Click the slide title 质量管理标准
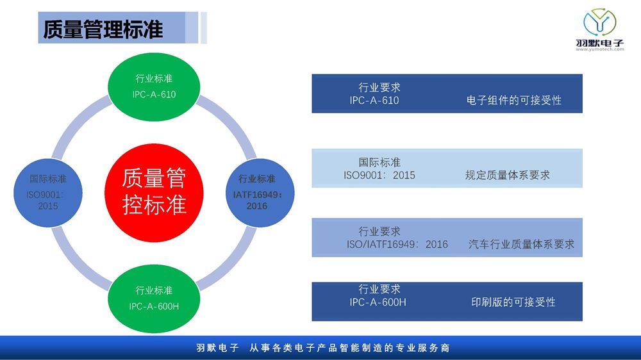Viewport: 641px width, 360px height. (103, 29)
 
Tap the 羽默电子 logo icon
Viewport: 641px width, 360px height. (600, 22)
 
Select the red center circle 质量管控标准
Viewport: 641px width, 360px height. (154, 192)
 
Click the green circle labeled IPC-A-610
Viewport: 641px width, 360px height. (154, 86)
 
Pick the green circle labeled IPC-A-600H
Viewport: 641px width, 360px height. (154, 299)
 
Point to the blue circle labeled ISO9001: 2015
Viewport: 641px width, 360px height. (48, 193)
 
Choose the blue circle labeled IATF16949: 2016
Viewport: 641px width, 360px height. (260, 193)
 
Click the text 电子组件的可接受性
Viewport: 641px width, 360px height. (514, 100)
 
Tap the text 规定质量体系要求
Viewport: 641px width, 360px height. (507, 176)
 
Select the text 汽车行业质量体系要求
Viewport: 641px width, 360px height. (521, 244)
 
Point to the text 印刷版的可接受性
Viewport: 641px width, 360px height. (513, 302)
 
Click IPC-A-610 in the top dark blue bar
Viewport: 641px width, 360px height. (374, 101)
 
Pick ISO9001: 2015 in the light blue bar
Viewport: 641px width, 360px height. (379, 176)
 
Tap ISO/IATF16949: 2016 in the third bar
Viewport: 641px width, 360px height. (397, 244)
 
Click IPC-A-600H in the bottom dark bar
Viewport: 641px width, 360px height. (378, 302)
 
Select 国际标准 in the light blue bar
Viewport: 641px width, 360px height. (379, 162)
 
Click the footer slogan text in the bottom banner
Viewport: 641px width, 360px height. (323, 348)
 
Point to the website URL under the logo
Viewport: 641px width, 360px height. (600, 49)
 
